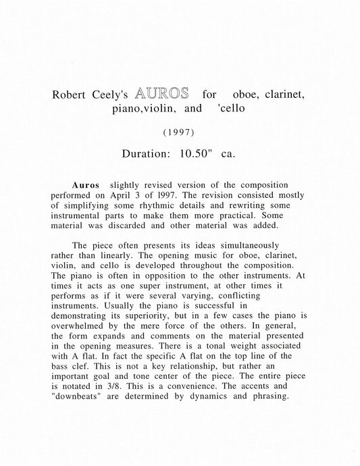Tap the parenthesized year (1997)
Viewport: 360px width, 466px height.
click(180, 133)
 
